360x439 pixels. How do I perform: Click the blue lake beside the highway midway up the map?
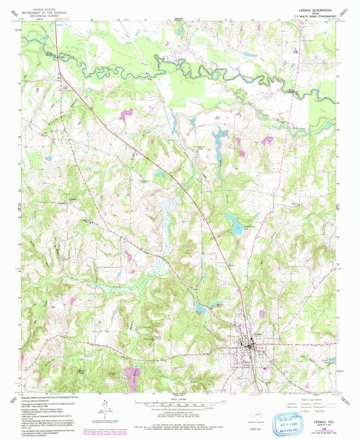(x=236, y=224)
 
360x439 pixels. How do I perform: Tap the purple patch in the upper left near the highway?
(x=125, y=114)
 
